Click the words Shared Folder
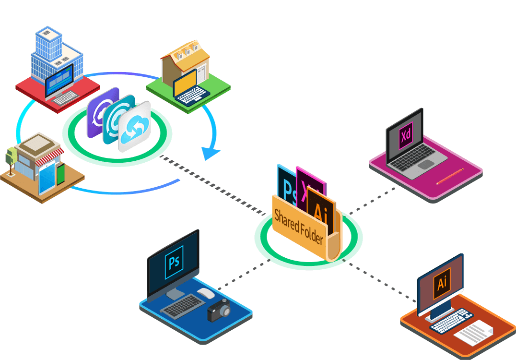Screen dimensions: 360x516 [299, 227]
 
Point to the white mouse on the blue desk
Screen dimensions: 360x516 [205, 293]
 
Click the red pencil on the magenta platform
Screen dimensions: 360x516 [450, 176]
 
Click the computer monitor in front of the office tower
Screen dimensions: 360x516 [59, 79]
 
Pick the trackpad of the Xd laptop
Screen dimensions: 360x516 [425, 165]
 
